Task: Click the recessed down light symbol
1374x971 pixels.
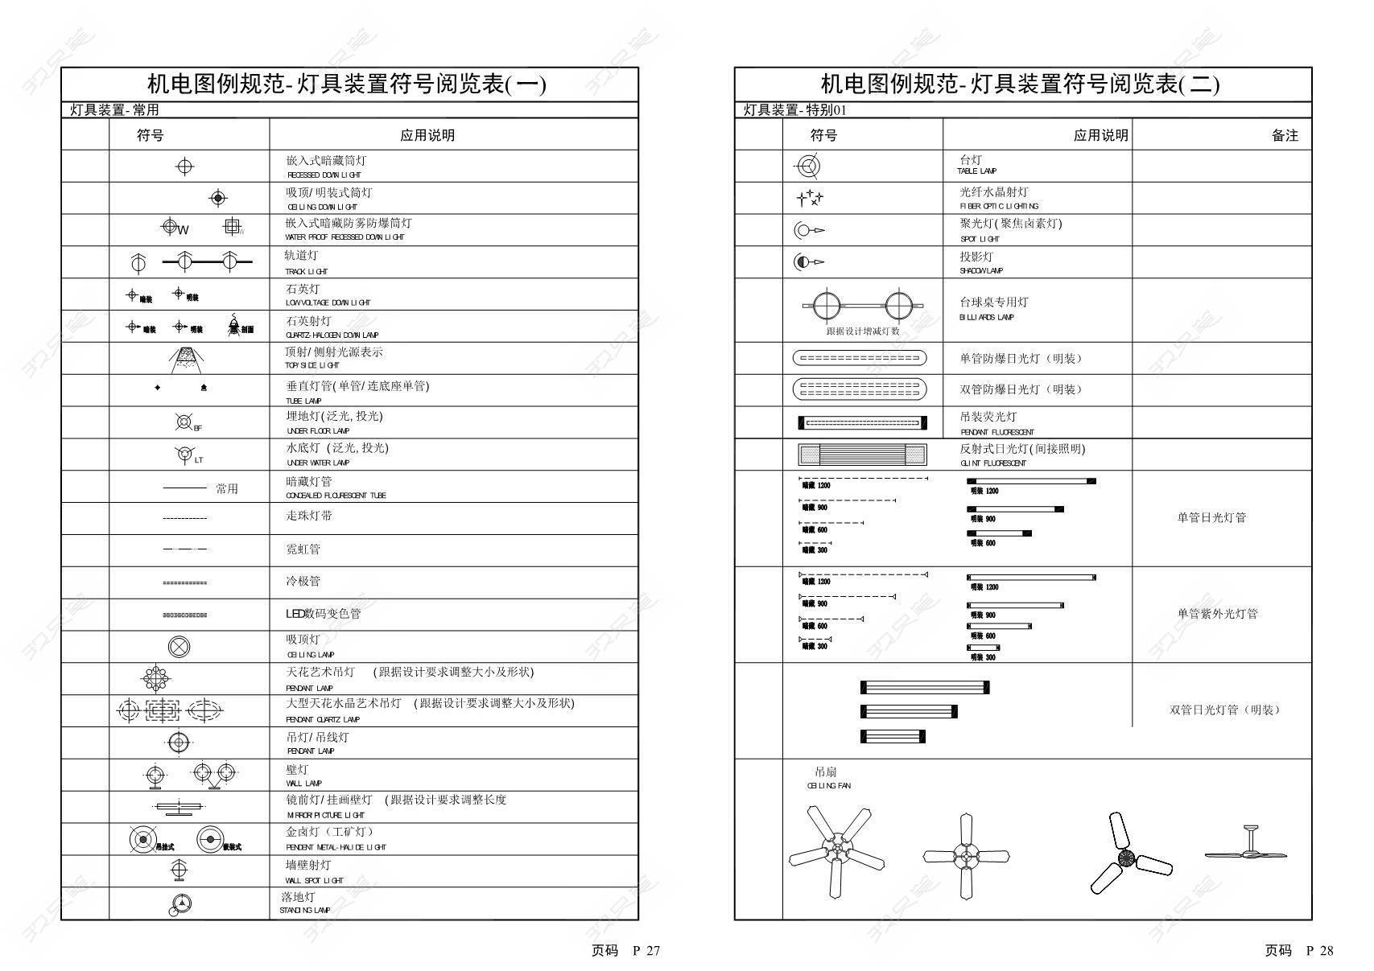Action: coord(184,167)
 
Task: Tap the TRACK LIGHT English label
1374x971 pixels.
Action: coord(306,272)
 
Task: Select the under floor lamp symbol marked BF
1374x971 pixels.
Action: coord(184,422)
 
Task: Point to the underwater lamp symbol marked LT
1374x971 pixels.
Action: coord(184,454)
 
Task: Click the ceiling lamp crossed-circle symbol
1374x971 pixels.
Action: coord(179,646)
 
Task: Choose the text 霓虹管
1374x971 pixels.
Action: coord(303,549)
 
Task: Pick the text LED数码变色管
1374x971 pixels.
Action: coord(323,614)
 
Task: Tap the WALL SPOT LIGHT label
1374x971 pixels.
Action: coord(314,881)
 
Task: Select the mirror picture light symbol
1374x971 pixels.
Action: coord(178,807)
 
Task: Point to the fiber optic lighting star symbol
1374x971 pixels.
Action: coord(810,198)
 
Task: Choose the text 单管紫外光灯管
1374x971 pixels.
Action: coord(1217,614)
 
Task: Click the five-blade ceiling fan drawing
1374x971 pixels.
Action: coord(837,851)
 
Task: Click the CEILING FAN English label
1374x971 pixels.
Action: coord(828,786)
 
